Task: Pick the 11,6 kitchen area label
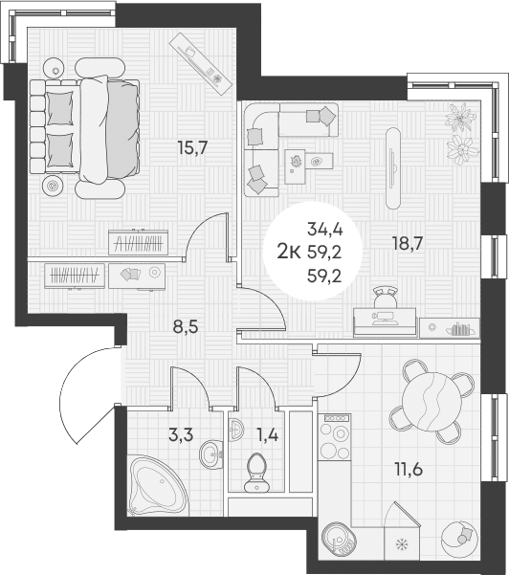pos(409,470)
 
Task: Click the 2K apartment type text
pos(286,251)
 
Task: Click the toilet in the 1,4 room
pos(256,474)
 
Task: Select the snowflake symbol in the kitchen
pos(400,546)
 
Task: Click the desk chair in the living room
pos(387,299)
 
